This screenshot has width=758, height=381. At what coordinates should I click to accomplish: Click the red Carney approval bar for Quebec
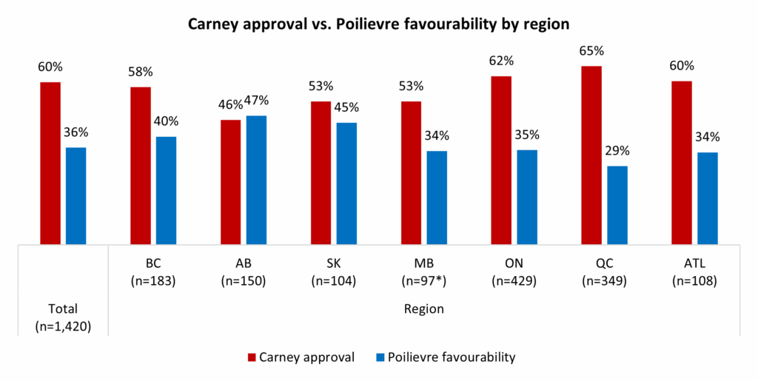591,155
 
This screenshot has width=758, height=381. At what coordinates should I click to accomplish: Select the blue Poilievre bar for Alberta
256,180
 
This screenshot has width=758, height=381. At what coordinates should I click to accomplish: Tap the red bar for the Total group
50,163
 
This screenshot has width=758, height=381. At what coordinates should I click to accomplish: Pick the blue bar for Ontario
527,197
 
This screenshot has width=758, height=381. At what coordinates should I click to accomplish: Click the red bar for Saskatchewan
321,172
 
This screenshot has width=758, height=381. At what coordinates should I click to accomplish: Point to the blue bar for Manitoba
437,197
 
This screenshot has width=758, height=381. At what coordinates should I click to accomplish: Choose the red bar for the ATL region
682,163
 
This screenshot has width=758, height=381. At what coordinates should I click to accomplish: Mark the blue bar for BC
166,190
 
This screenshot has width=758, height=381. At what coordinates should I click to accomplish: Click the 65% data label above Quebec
591,51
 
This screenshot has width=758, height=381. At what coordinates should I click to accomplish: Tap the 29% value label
617,151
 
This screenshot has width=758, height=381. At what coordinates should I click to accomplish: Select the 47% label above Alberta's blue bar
256,101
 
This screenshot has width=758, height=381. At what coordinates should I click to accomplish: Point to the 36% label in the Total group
76,132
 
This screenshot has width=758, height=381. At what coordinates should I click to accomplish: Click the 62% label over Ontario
502,61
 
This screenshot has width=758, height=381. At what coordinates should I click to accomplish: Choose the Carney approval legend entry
301,357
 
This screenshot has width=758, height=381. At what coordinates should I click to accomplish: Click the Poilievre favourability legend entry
443,357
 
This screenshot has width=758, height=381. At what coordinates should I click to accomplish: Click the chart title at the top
378,24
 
